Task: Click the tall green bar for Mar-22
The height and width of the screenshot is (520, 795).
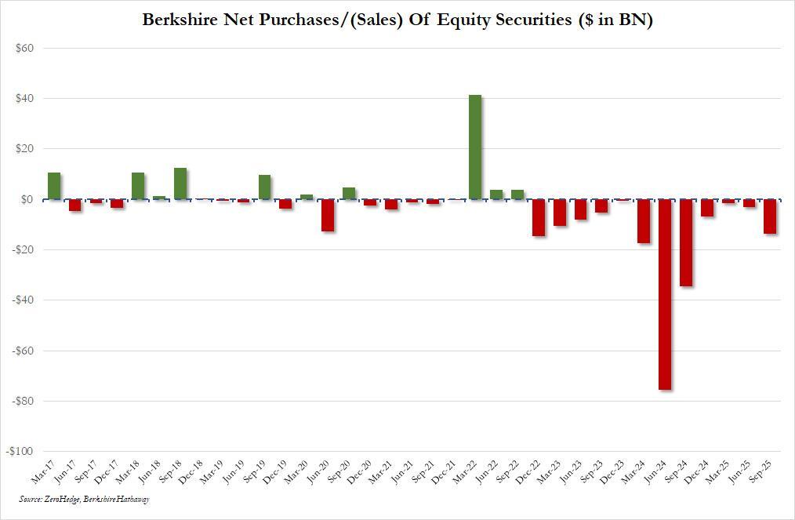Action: click(x=475, y=147)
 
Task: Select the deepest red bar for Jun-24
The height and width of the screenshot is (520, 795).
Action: click(x=665, y=294)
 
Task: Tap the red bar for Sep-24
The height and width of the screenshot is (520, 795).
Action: click(x=686, y=242)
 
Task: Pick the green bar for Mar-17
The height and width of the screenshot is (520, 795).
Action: click(x=54, y=186)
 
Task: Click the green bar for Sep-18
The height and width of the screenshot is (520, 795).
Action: click(x=180, y=184)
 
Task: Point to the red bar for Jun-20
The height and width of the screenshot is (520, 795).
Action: click(x=328, y=215)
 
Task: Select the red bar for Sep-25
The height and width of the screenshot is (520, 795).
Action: click(x=770, y=216)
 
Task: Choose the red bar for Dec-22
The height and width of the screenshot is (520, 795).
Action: click(x=539, y=217)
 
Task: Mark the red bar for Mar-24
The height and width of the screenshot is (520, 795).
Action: click(x=644, y=221)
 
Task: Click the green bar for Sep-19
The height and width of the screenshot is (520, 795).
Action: click(x=265, y=187)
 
